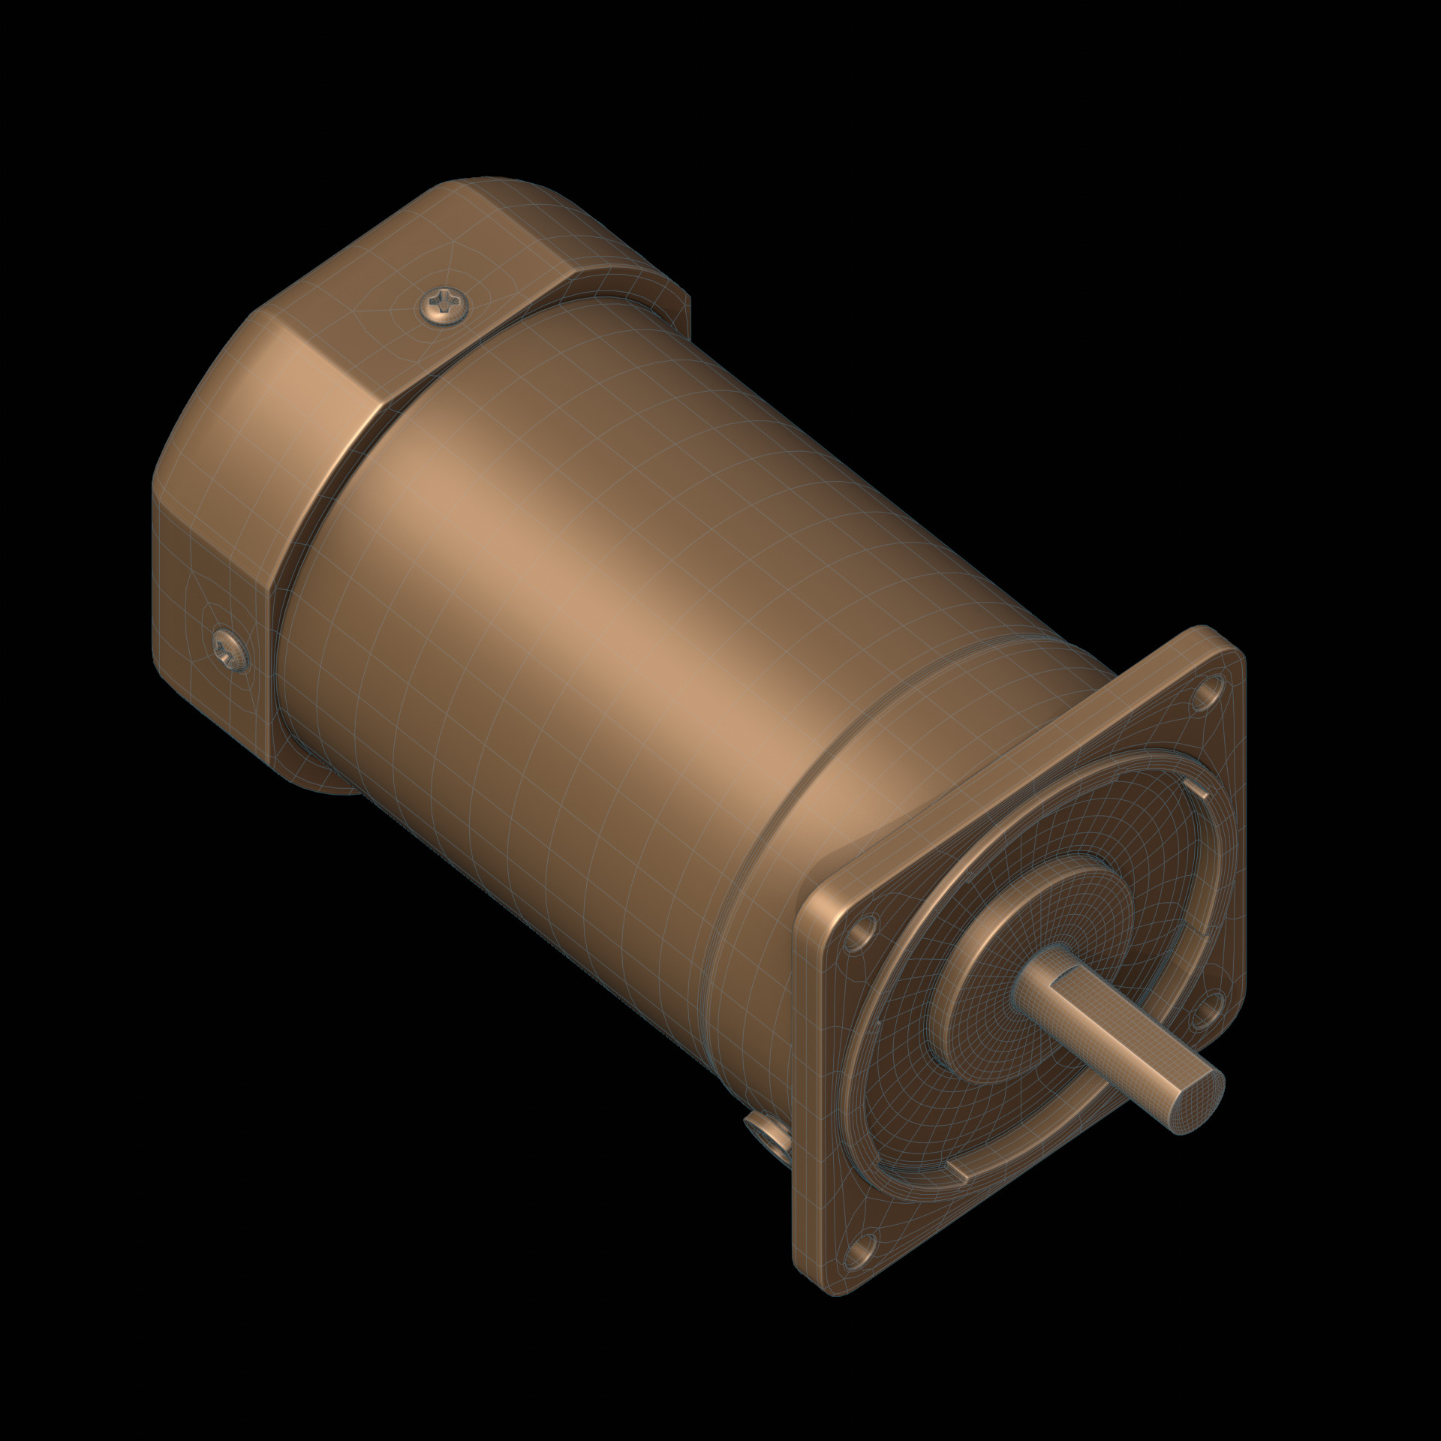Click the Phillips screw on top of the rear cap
tap(445, 306)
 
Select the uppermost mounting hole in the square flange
tap(1208, 689)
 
